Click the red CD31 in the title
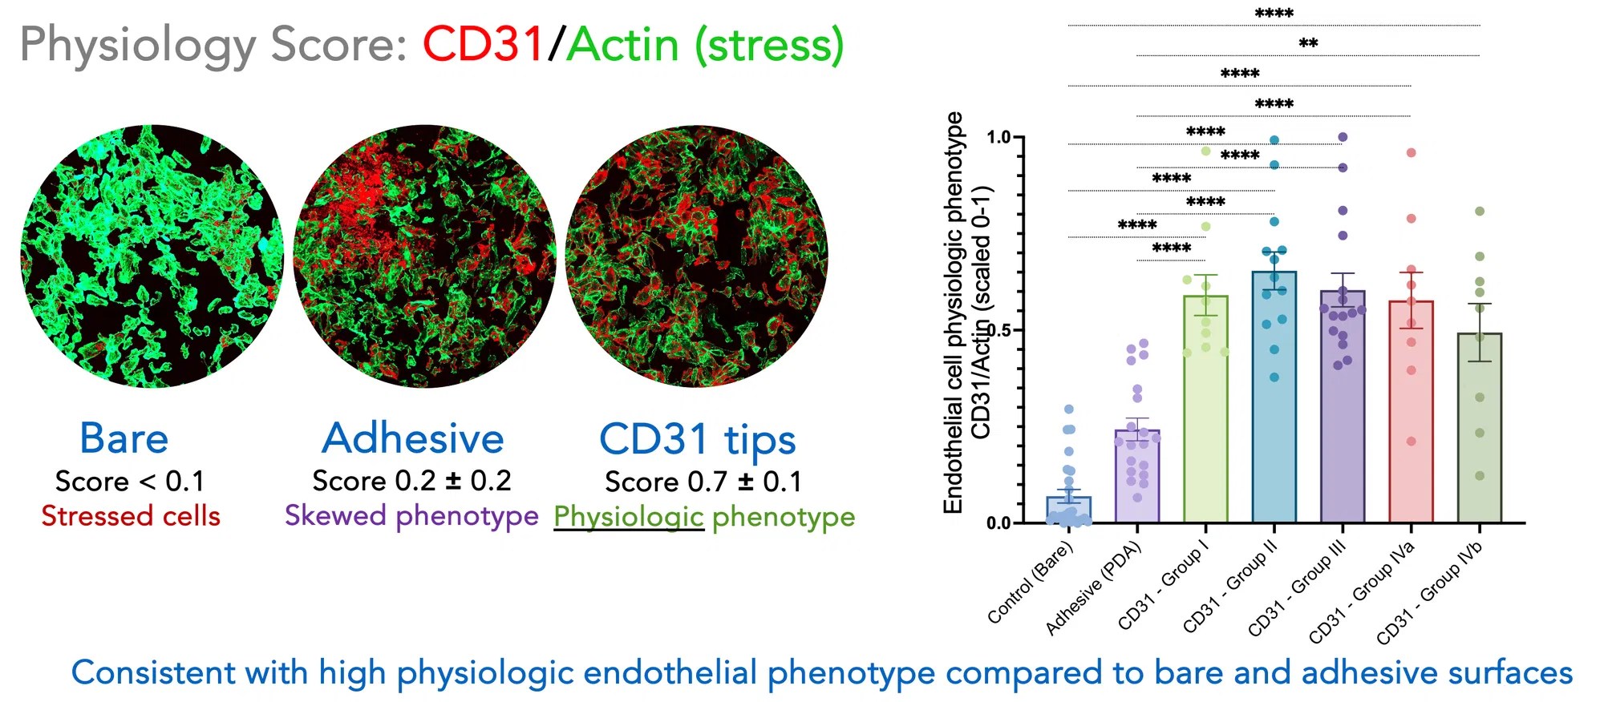point(484,44)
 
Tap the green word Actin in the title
point(622,46)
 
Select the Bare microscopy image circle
point(152,256)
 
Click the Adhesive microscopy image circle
point(424,256)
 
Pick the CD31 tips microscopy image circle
point(697,256)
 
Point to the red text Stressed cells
point(131,516)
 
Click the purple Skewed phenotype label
point(411,515)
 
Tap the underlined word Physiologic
point(629,517)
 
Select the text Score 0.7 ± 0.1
point(703,482)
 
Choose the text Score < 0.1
point(130,481)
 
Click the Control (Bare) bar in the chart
point(1068,510)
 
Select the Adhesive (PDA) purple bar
point(1136,477)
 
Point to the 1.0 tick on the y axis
point(999,137)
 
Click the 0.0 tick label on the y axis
point(999,523)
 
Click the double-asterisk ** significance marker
point(1308,43)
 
